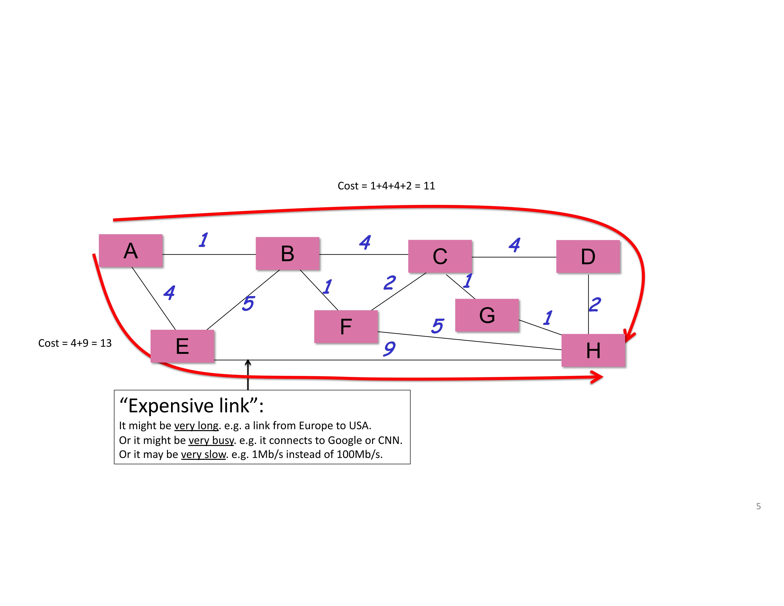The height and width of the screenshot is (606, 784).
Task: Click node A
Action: click(x=131, y=250)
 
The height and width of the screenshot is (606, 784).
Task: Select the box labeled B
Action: click(x=287, y=254)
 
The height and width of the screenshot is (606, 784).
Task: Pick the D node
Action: click(x=588, y=256)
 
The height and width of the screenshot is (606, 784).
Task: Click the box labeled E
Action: click(x=182, y=346)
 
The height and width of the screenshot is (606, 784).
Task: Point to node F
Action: click(x=346, y=327)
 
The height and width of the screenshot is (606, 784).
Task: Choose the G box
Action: click(x=487, y=315)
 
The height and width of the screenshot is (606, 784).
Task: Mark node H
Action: click(x=593, y=350)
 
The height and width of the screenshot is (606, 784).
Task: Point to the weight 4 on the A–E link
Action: click(x=169, y=293)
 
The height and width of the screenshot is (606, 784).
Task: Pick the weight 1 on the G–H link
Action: click(x=548, y=318)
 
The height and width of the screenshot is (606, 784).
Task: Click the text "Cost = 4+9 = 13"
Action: click(x=75, y=343)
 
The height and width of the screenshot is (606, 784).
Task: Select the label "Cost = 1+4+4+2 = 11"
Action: click(x=386, y=186)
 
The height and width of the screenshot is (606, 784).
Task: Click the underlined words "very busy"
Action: click(x=211, y=441)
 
